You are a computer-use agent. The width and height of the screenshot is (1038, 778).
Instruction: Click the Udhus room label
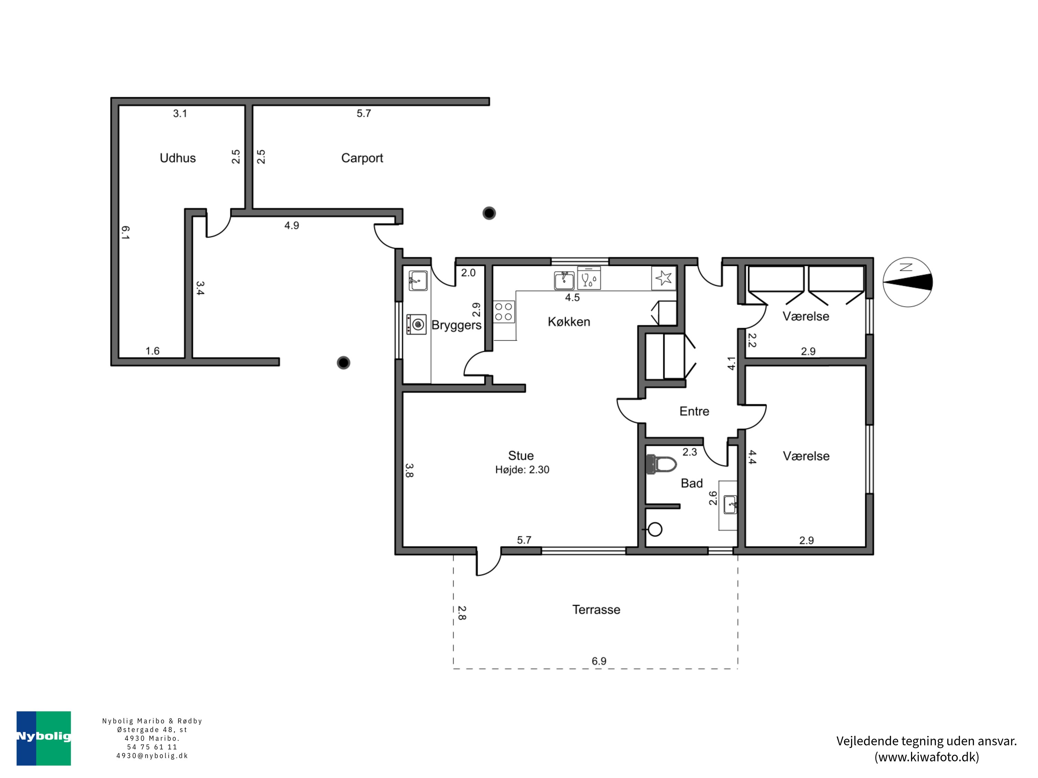177,158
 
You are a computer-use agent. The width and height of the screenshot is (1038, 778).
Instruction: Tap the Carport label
362,158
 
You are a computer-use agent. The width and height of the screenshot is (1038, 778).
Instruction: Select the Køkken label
569,322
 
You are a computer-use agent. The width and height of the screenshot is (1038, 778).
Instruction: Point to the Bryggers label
456,325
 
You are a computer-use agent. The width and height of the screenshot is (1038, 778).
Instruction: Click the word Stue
521,455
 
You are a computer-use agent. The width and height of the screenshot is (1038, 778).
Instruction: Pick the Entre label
694,411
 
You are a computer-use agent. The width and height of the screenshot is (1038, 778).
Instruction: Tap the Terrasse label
596,610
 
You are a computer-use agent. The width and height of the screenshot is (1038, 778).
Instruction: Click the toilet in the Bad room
661,464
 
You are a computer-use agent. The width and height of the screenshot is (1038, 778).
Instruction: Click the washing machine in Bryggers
416,324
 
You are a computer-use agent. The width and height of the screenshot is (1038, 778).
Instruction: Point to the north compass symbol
908,282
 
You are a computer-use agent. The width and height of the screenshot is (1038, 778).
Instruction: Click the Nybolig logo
44,738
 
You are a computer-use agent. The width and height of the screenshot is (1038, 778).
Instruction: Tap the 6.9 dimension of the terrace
599,661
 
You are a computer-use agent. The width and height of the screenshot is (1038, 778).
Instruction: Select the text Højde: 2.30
522,470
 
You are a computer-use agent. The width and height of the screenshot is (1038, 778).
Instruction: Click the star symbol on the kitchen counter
664,278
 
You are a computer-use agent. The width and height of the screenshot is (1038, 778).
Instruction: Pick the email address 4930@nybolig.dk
152,756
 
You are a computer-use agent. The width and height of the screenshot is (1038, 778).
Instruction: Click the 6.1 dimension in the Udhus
125,233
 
